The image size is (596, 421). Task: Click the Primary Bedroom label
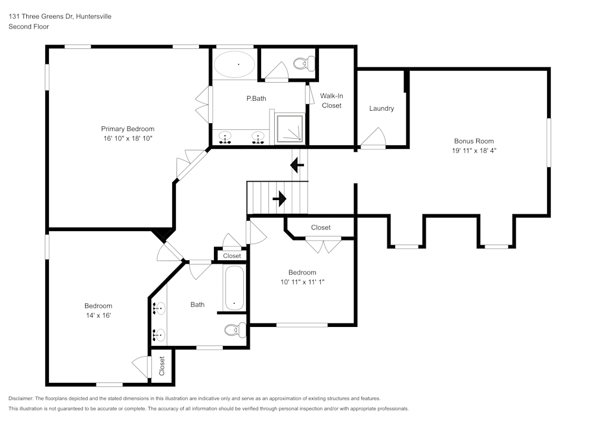pyautogui.click(x=128, y=129)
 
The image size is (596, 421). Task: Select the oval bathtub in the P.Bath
pyautogui.click(x=235, y=64)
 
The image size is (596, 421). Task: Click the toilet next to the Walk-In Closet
pyautogui.click(x=306, y=63)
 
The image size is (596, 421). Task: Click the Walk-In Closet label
pyautogui.click(x=332, y=101)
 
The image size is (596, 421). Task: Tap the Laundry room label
pyautogui.click(x=381, y=108)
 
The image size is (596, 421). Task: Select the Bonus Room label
pyautogui.click(x=474, y=141)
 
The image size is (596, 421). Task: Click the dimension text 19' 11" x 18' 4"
pyautogui.click(x=474, y=151)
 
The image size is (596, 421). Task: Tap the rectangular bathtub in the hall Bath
pyautogui.click(x=234, y=288)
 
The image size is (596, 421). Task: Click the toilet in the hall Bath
pyautogui.click(x=235, y=330)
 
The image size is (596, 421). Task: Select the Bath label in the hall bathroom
pyautogui.click(x=197, y=304)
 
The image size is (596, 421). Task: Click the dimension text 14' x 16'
pyautogui.click(x=98, y=316)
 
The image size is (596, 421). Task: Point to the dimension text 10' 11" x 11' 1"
pyautogui.click(x=302, y=282)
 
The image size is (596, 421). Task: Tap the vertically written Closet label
pyautogui.click(x=162, y=366)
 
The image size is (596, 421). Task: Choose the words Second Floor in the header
pyautogui.click(x=29, y=27)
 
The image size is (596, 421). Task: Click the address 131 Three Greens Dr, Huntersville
pyautogui.click(x=60, y=17)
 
